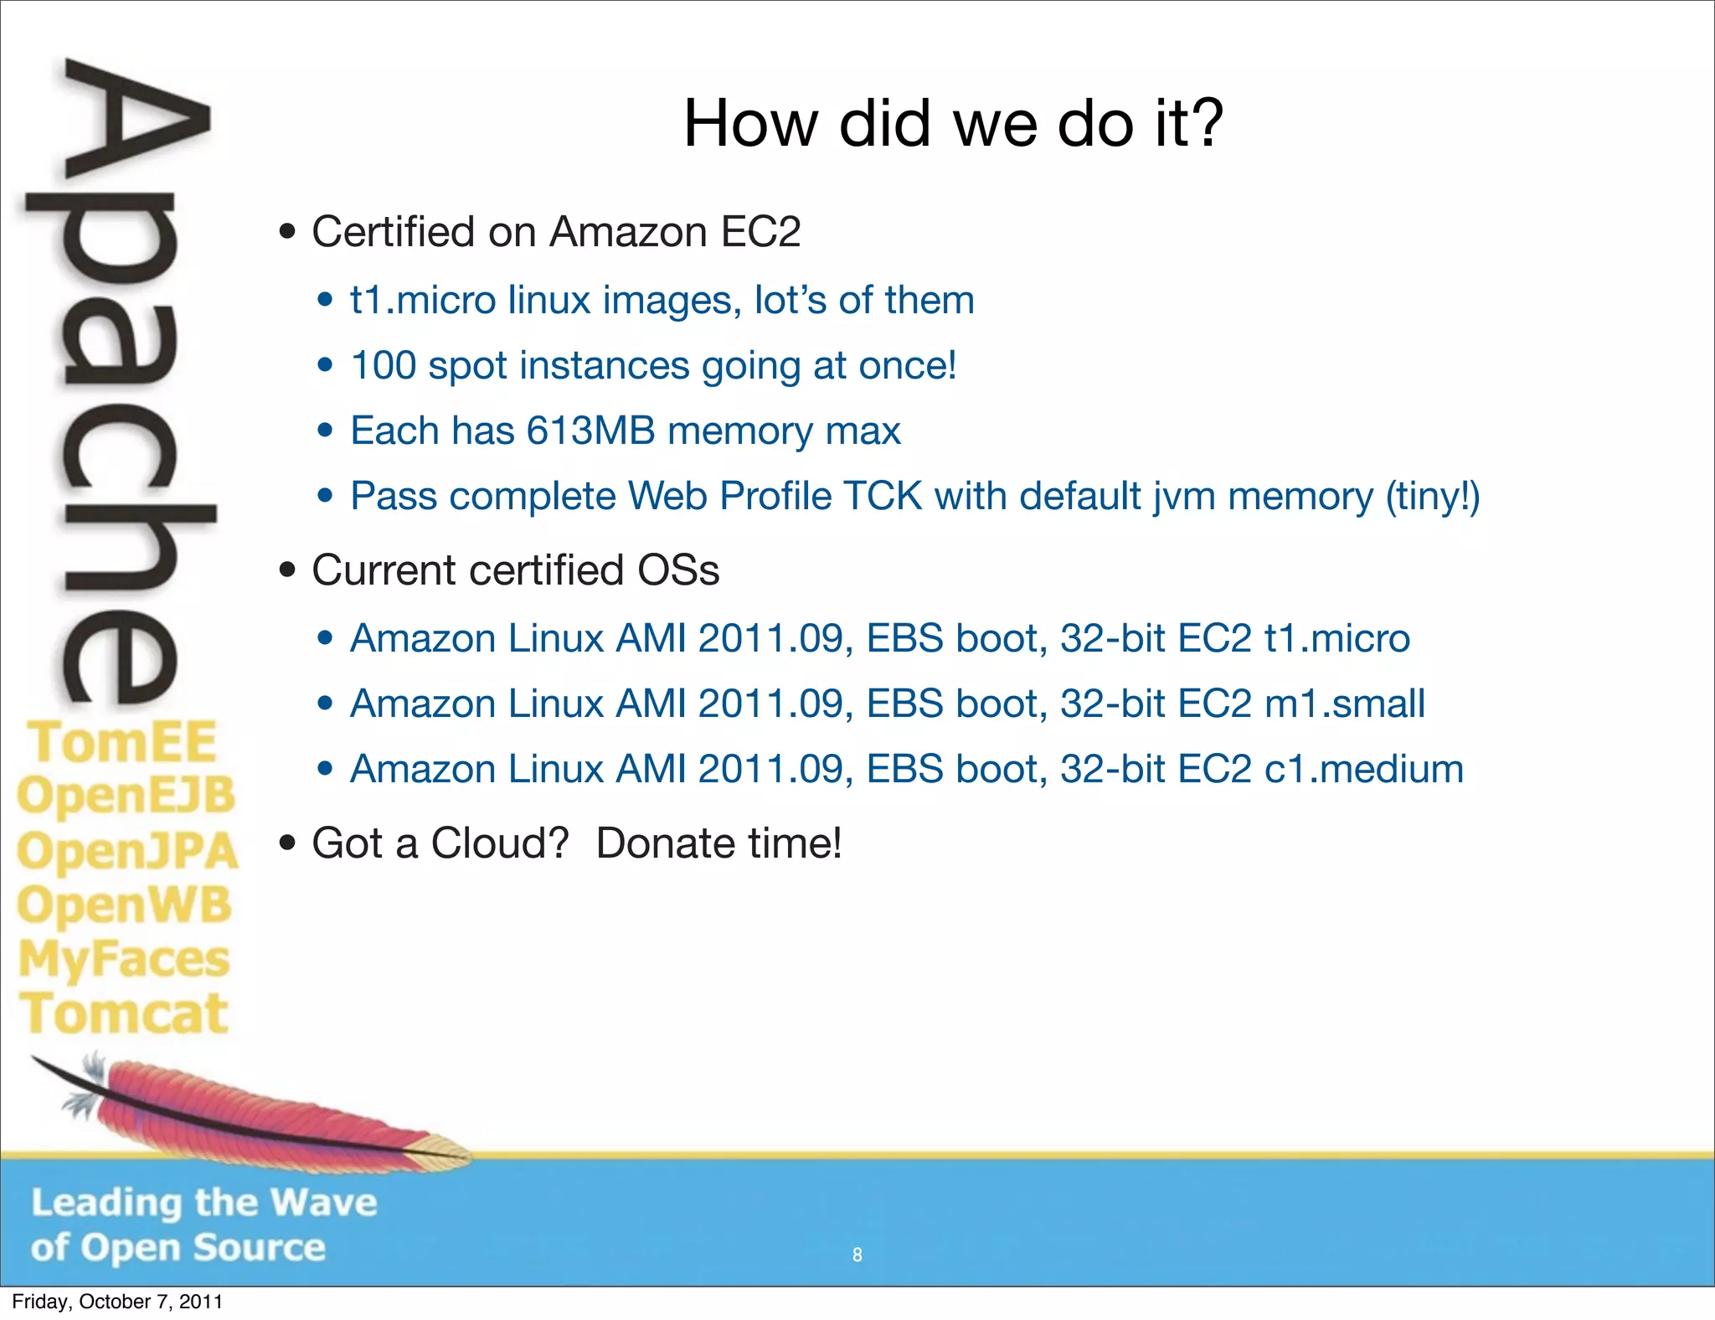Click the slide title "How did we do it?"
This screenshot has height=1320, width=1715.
(953, 123)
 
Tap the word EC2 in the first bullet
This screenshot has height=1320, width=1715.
(760, 232)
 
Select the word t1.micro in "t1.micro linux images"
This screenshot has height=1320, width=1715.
(423, 301)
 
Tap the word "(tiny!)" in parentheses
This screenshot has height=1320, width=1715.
(1433, 497)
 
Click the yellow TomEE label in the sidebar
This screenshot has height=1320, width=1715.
(122, 742)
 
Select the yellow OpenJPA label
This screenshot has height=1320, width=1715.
(127, 851)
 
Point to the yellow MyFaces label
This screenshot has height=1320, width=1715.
(124, 959)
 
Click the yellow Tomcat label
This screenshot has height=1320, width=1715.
(124, 1013)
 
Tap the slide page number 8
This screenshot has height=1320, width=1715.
(857, 1255)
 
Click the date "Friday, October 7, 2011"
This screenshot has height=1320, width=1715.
(117, 1302)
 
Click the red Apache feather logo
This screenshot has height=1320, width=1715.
(251, 1110)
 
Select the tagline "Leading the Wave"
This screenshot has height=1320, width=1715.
(204, 1203)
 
